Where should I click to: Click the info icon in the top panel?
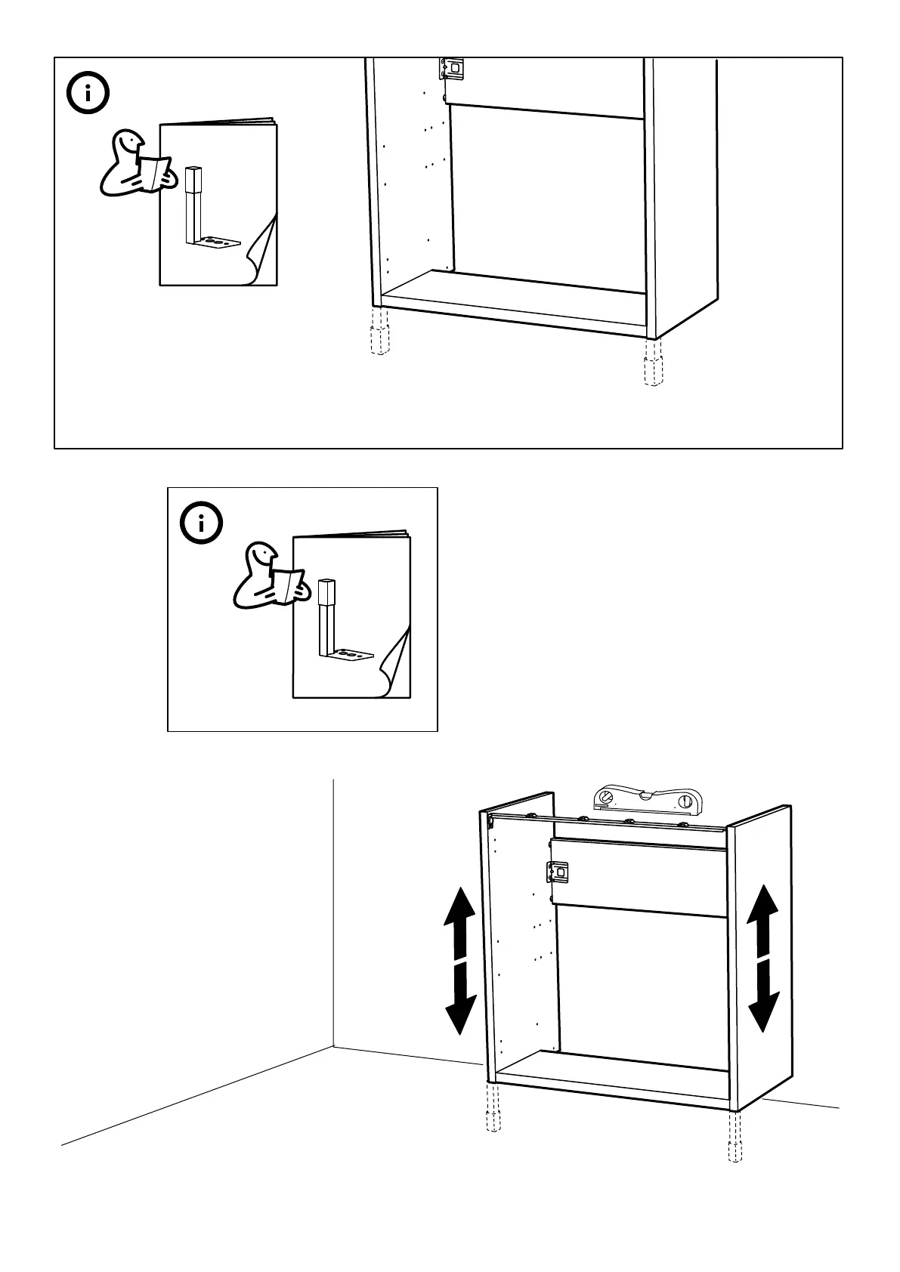(88, 94)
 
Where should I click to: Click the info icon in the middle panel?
(202, 523)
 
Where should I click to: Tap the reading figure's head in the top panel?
(128, 142)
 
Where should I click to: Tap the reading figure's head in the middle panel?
(261, 555)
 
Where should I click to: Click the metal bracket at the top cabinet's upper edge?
(453, 69)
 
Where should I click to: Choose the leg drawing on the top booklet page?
(202, 211)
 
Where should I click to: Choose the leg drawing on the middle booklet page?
(336, 624)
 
